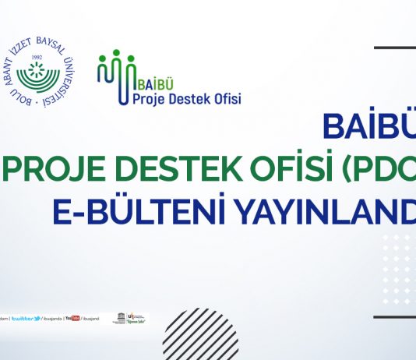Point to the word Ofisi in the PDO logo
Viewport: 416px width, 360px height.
point(227,99)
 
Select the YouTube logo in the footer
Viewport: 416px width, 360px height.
point(72,318)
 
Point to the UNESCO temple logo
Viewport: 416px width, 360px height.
point(118,318)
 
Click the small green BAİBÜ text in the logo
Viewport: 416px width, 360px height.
point(148,82)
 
